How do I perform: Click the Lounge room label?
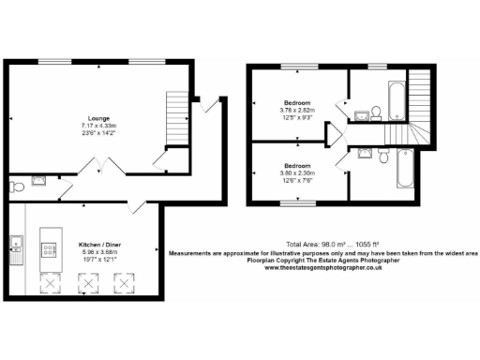pyautogui.click(x=96, y=118)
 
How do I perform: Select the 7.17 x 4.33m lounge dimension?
pyautogui.click(x=96, y=126)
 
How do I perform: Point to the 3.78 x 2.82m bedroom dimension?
pyautogui.click(x=297, y=111)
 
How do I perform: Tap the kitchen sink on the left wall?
pyautogui.click(x=15, y=245)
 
